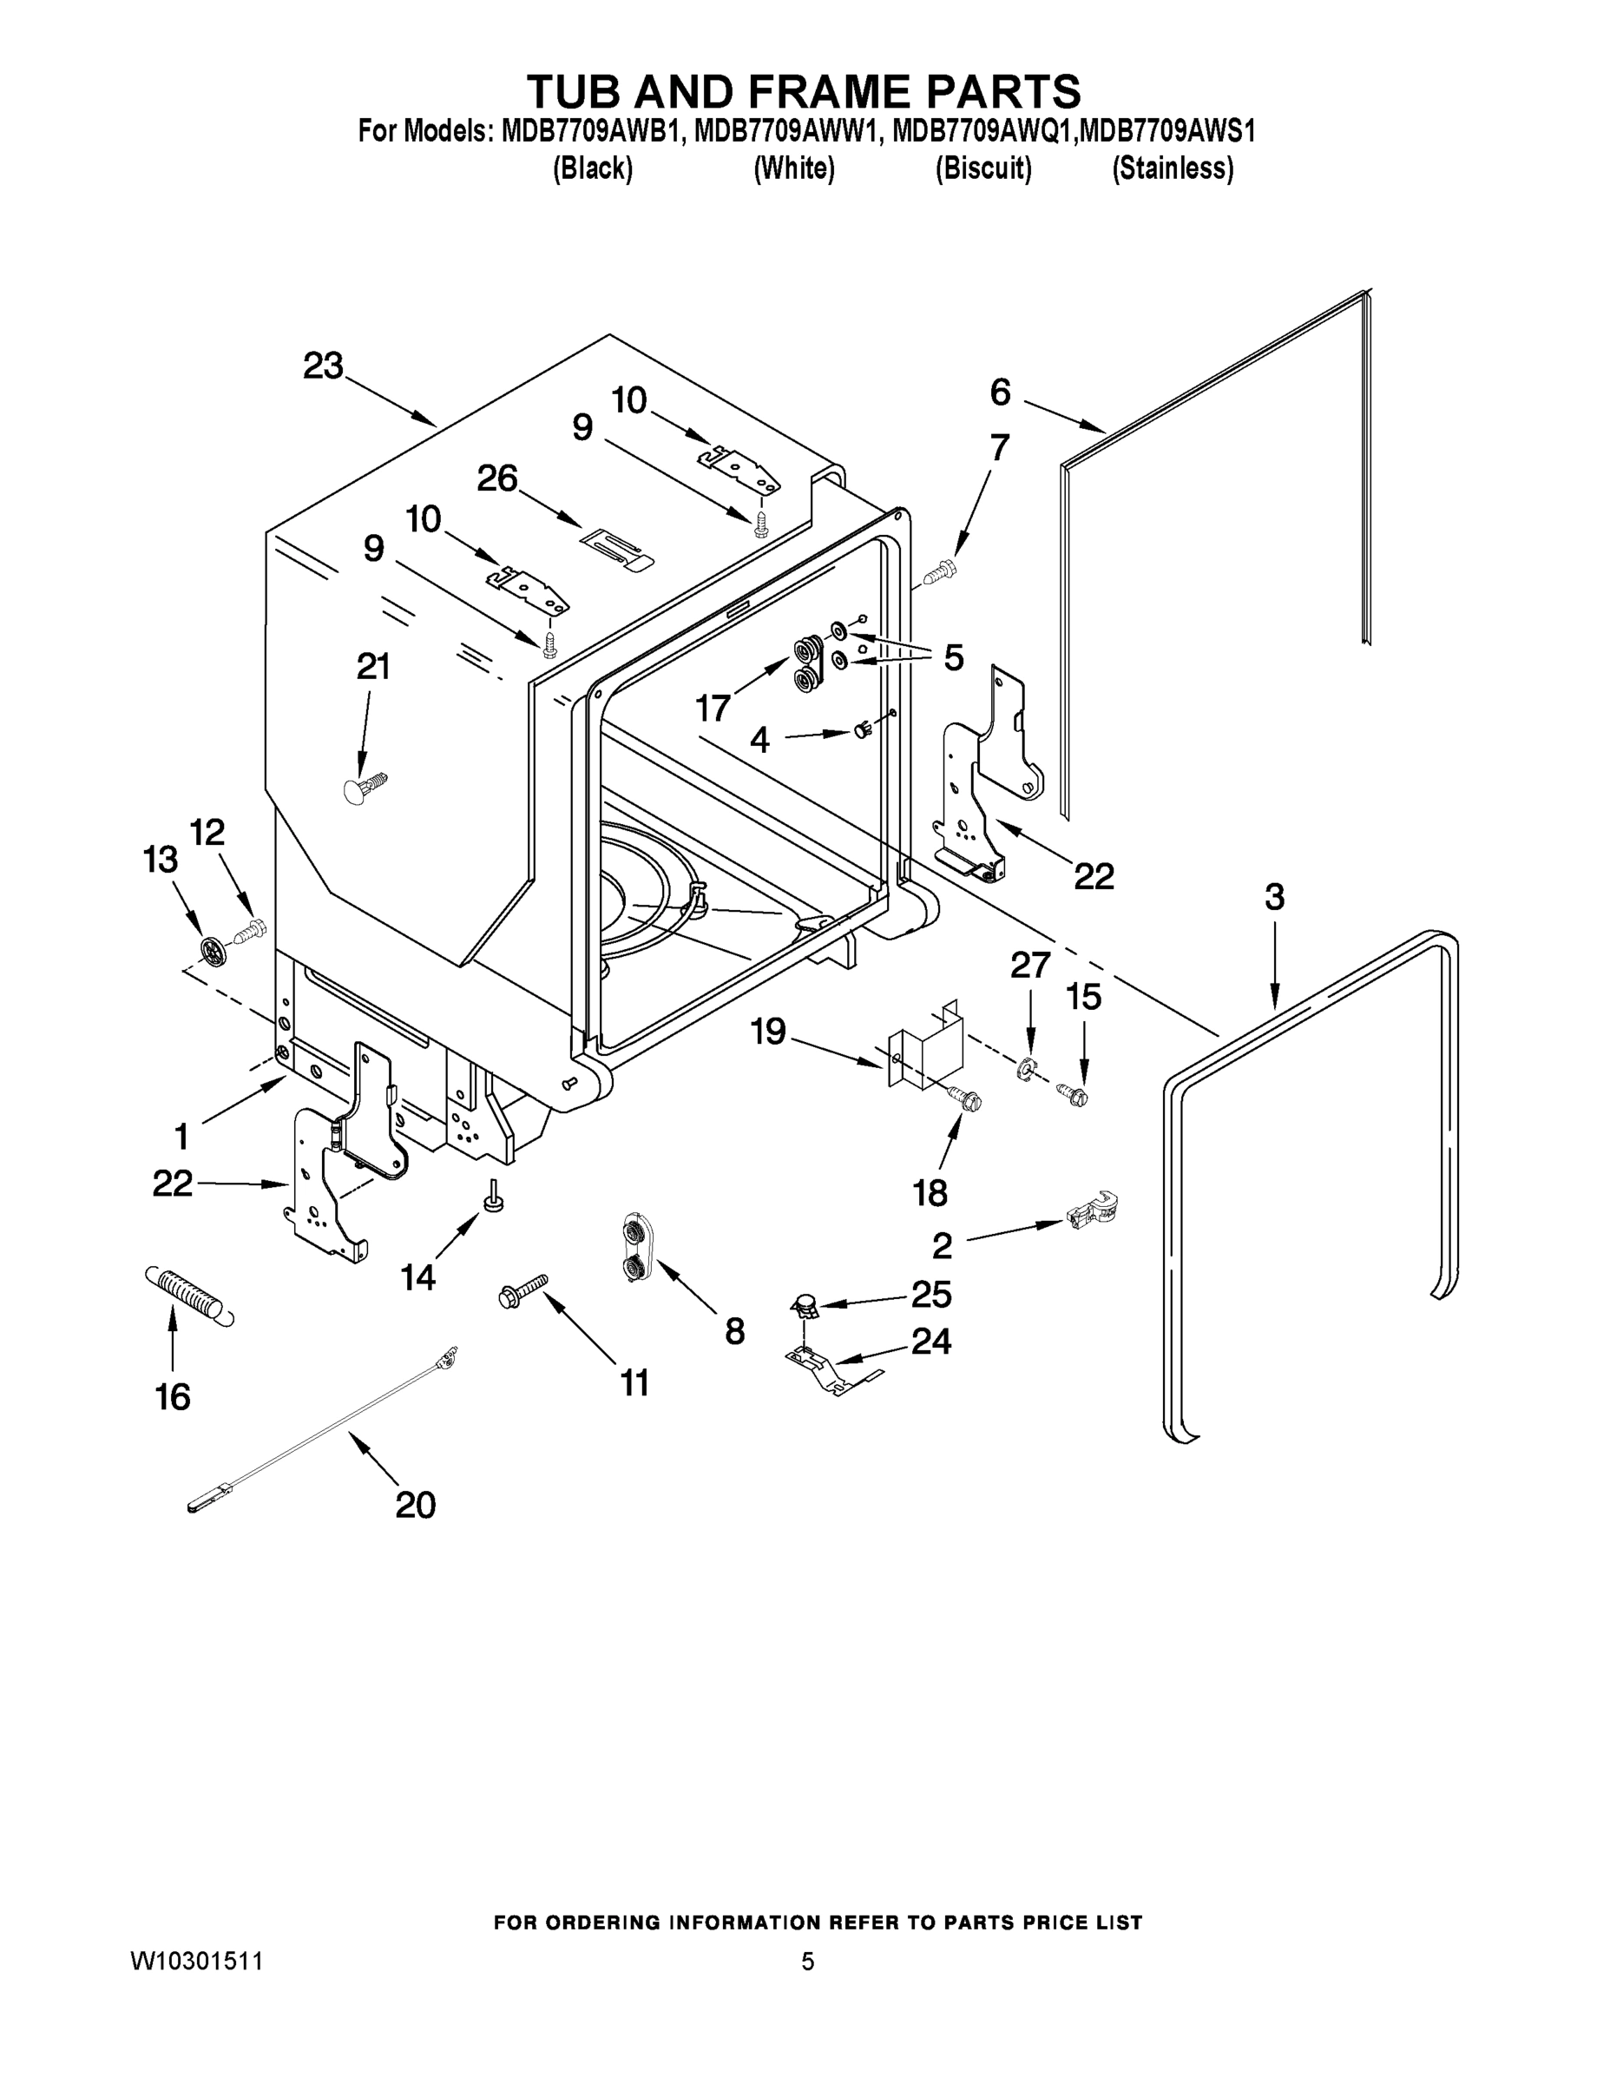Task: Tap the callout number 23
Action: pos(324,366)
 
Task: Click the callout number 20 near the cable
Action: pos(415,1505)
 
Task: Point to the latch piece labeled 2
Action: pos(1092,1211)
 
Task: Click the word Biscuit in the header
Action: pos(983,169)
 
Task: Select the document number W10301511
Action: pos(195,1962)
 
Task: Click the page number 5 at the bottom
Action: pos(808,1962)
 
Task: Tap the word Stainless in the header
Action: pos(1173,169)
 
